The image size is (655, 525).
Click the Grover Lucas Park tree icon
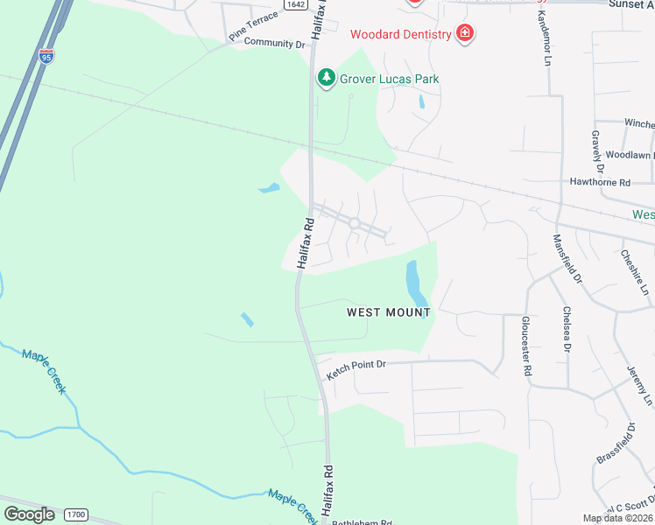(327, 78)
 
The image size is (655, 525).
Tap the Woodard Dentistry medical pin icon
(465, 34)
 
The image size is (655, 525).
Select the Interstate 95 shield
(46, 58)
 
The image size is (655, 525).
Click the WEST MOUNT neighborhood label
(389, 311)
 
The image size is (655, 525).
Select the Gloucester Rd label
(526, 346)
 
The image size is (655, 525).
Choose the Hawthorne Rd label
(600, 183)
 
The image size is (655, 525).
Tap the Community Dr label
(274, 42)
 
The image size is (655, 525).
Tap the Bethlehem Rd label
(361, 521)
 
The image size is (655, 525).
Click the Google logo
(29, 514)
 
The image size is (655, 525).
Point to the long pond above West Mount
(415, 284)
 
